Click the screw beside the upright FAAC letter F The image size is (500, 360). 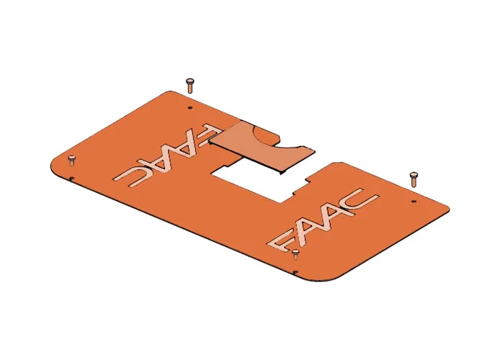296,253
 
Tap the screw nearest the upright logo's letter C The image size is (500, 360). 414,177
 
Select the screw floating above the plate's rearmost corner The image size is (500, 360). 189,85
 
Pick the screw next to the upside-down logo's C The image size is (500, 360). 71,159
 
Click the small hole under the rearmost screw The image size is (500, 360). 189,107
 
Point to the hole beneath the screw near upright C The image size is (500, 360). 414,201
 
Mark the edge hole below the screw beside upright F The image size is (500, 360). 296,271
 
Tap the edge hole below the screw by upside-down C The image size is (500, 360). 73,180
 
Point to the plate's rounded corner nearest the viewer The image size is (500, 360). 339,277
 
